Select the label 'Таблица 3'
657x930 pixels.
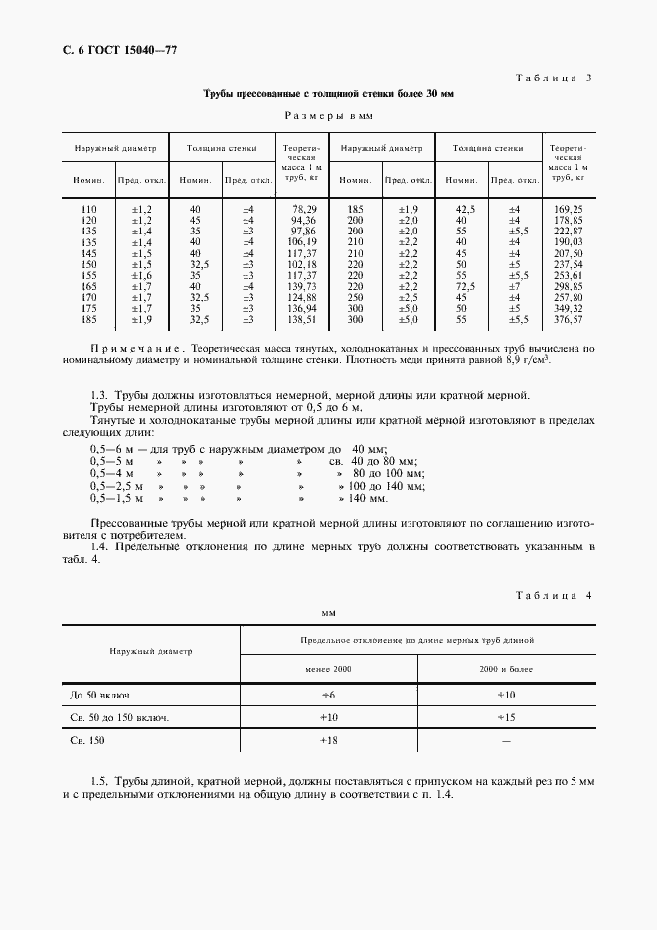(x=555, y=77)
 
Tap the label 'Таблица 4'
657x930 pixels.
(x=555, y=594)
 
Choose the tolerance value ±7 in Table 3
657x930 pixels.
(x=514, y=285)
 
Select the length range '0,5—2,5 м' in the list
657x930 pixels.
(x=117, y=486)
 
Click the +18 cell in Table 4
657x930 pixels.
(x=328, y=741)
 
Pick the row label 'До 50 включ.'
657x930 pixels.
(x=102, y=695)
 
